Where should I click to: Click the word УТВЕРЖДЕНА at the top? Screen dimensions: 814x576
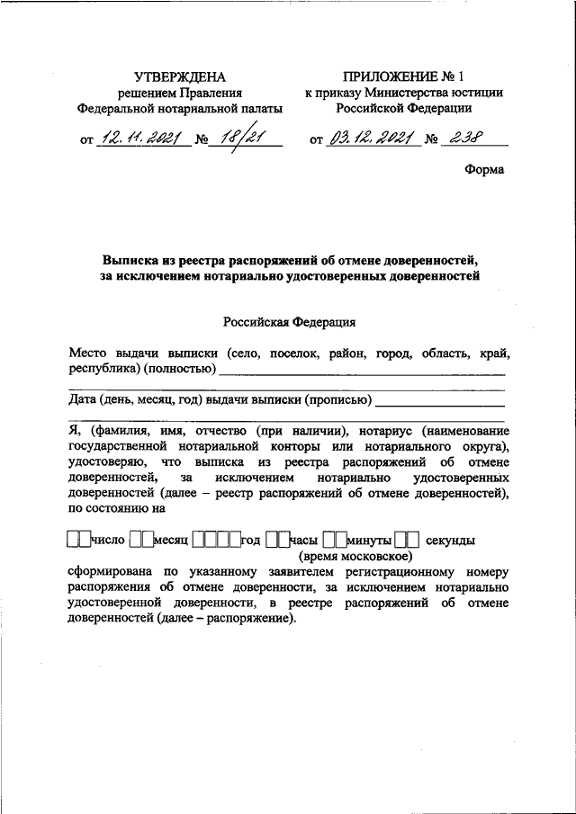point(180,76)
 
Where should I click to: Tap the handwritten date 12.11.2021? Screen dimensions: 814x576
point(141,139)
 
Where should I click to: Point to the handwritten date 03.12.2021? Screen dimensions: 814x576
point(371,139)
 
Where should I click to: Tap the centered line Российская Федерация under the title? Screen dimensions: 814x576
point(287,321)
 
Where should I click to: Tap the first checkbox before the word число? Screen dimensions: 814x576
point(73,541)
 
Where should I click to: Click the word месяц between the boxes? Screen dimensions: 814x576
point(169,541)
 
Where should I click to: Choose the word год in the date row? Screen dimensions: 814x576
point(250,541)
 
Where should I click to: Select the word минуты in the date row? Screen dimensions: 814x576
point(369,541)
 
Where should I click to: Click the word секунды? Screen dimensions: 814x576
point(450,541)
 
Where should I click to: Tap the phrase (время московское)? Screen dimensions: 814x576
point(361,557)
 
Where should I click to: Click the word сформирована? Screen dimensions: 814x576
point(112,572)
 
